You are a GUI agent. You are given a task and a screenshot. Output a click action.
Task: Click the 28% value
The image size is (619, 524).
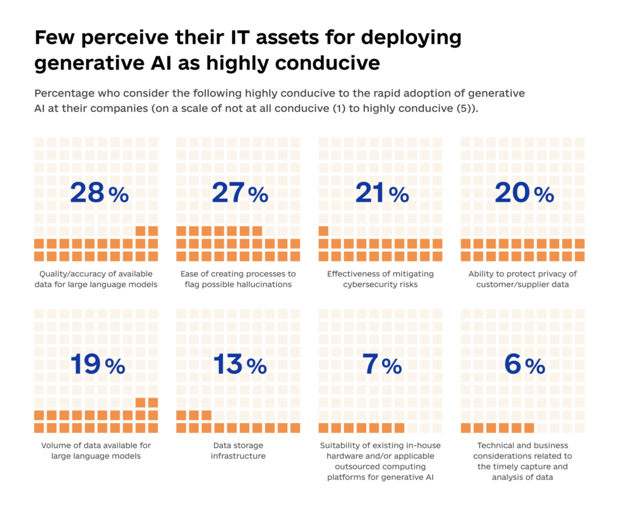[99, 193]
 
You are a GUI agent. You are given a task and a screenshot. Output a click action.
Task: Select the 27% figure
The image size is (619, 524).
[240, 193]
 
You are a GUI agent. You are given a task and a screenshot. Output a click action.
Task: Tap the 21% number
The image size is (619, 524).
[381, 193]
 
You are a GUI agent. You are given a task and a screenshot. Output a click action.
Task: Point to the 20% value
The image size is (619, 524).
[523, 193]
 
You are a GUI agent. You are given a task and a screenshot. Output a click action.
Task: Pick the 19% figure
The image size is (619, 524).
[98, 364]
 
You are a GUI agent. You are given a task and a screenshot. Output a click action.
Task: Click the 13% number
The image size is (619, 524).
[239, 364]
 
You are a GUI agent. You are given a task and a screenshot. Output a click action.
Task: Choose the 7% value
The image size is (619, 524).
[382, 364]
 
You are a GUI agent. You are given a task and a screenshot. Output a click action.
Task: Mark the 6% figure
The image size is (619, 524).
[524, 364]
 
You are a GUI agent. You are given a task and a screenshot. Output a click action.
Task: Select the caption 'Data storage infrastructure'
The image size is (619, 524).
[238, 450]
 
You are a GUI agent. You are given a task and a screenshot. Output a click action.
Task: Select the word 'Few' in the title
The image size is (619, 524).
[53, 38]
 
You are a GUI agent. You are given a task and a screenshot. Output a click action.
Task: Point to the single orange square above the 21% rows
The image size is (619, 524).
[323, 230]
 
